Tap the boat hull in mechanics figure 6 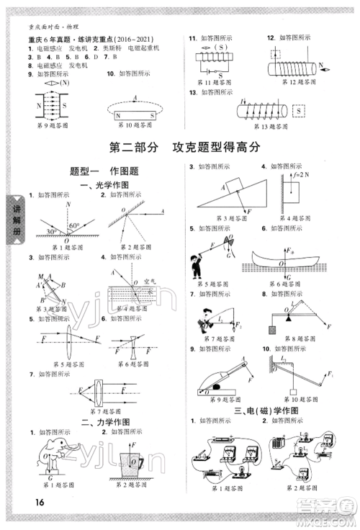point(291,271)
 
